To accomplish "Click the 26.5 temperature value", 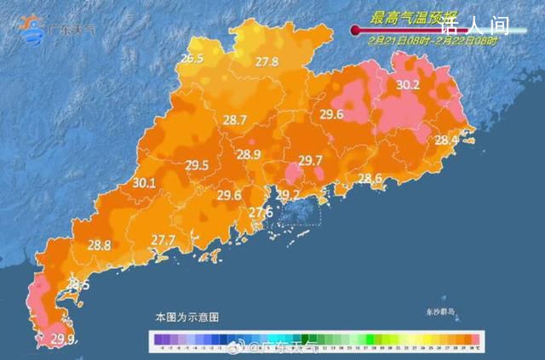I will tap(192, 59).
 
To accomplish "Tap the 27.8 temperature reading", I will tap(267, 61).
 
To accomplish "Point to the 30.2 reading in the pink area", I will tap(409, 84).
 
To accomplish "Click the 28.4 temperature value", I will tap(446, 140).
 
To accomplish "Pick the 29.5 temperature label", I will tap(197, 165).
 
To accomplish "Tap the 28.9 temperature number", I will tap(249, 154).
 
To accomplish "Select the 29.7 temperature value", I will tap(311, 161).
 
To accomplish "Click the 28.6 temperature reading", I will tap(370, 178).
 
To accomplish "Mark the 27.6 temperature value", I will tap(261, 212).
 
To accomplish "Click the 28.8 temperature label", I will tap(100, 245).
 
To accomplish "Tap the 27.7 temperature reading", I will tap(163, 240).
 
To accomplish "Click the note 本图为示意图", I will tap(186, 317).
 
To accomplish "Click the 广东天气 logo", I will tap(60, 31).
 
